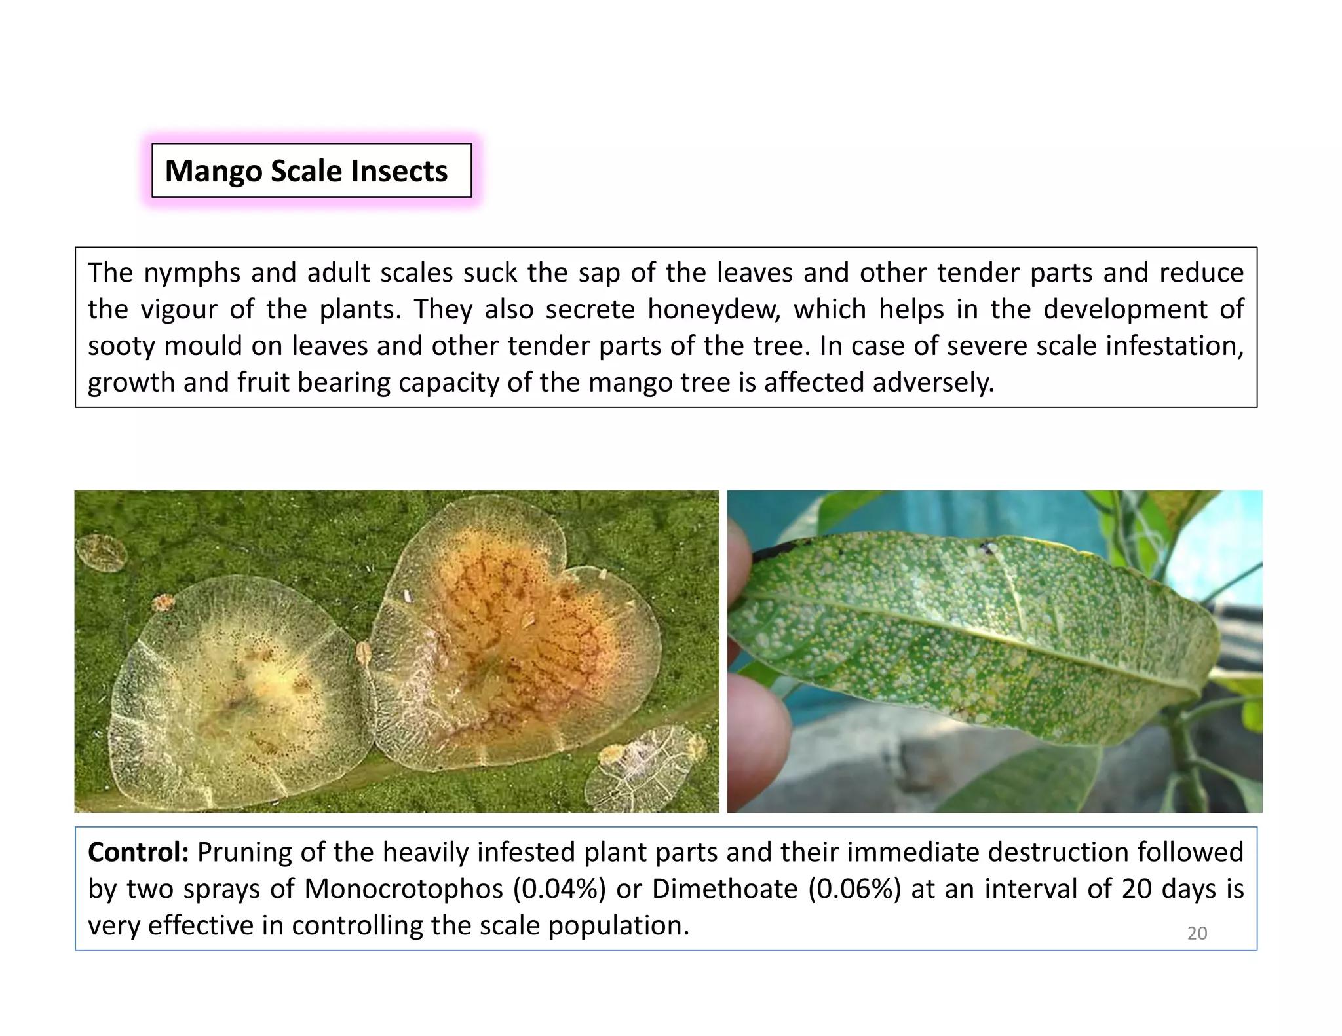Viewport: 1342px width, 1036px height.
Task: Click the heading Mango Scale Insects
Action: tap(306, 171)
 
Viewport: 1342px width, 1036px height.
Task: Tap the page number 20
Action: tap(1197, 933)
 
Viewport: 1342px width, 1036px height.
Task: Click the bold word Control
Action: tap(138, 853)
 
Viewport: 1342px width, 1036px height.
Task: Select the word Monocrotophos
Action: tap(404, 889)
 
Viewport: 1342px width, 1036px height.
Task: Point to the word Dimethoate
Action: tap(725, 889)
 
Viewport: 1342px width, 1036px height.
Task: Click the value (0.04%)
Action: tap(559, 889)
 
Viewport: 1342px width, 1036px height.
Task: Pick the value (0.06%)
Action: tap(854, 889)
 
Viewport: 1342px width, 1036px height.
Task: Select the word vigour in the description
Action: tap(179, 310)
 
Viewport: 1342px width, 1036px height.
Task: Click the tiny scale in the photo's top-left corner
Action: tap(102, 552)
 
